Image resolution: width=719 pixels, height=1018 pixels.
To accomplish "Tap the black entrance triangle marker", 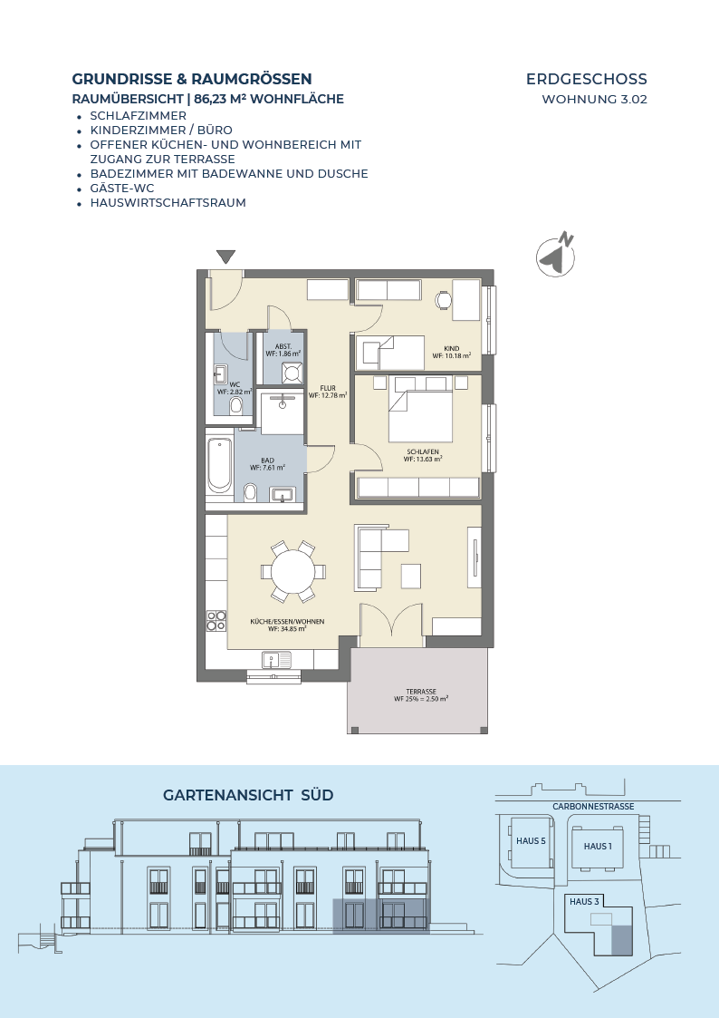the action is coord(225,257).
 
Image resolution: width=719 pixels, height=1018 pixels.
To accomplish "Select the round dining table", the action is coord(293,572).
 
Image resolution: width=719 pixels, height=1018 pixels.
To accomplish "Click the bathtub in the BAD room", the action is coord(219,465).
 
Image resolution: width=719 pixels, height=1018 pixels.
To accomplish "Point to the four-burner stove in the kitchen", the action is coord(216,621).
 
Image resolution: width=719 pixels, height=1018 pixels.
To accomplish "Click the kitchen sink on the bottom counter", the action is coord(277,660).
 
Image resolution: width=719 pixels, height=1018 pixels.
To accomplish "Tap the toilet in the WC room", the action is coord(235,406).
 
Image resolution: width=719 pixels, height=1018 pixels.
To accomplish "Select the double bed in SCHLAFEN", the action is coord(419,409).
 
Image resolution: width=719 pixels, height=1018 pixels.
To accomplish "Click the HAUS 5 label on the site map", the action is coord(531,840).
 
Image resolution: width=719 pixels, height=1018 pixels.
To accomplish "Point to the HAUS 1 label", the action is coord(598,846).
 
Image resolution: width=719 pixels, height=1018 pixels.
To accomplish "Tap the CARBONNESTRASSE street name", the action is coord(593,807).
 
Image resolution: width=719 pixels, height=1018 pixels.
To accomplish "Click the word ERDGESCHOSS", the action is coord(587,79).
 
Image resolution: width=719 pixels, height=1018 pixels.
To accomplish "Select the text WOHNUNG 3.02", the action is coord(595,100).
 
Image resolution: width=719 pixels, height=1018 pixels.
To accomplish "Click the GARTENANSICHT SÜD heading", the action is coord(248,795).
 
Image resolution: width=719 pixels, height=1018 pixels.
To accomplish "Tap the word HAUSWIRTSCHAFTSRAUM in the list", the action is coord(168,202).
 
